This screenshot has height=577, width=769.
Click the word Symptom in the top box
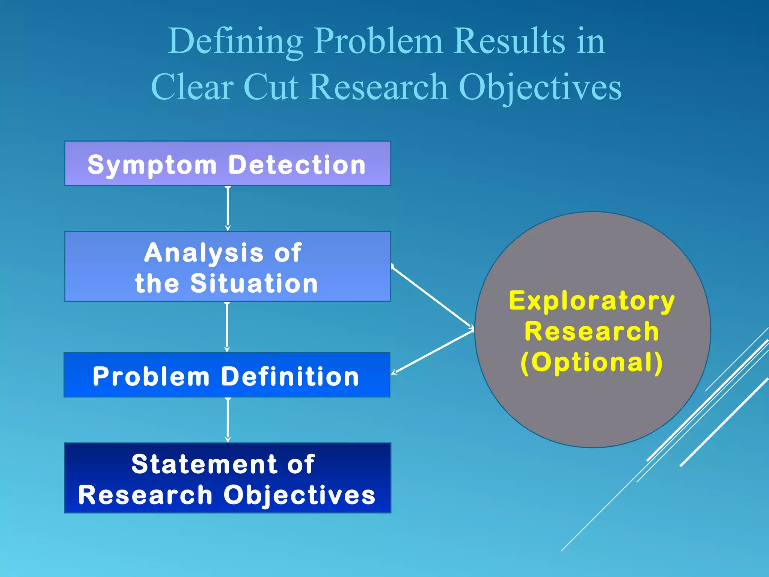point(152,165)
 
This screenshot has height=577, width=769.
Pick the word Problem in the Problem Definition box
point(151,376)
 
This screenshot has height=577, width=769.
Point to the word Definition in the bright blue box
point(290,376)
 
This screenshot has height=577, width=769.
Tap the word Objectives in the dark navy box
point(299,495)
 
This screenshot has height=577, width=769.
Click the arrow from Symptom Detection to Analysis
point(228,208)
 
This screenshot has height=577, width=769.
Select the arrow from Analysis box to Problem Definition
point(227,327)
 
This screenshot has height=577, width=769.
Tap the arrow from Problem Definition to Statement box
point(228,420)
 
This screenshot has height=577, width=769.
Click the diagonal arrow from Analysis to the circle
point(432,297)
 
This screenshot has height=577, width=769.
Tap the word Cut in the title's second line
point(271,87)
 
